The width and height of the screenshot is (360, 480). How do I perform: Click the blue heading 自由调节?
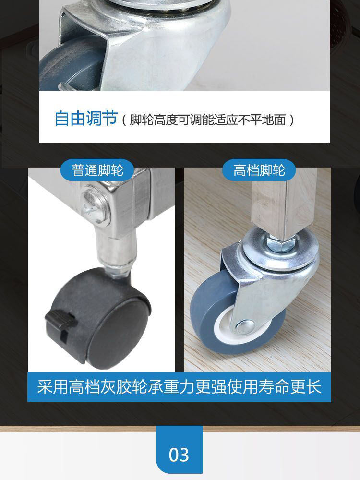click(x=86, y=118)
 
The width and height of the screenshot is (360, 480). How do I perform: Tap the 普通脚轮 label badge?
click(x=97, y=170)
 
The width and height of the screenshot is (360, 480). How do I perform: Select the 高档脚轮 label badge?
click(x=259, y=170)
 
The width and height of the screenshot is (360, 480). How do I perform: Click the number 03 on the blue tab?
click(x=179, y=454)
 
